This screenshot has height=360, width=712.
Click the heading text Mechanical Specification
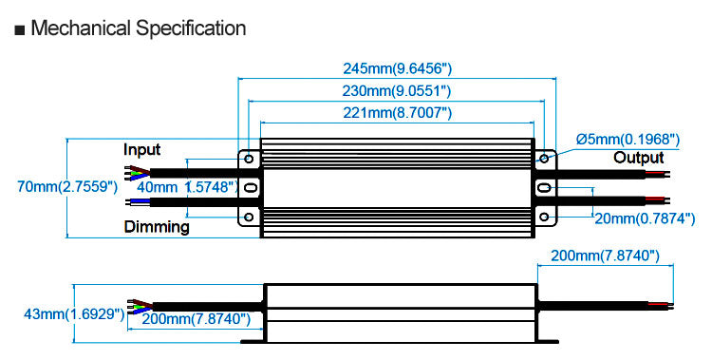pos(139,28)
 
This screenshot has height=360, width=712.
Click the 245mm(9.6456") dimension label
pos(397,68)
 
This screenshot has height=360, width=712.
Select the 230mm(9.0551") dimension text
pos(397,91)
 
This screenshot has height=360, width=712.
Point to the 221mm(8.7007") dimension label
pos(397,114)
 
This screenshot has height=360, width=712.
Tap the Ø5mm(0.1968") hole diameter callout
pos(628,140)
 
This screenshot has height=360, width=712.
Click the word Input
pos(142,150)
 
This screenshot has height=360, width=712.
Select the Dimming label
pos(157,227)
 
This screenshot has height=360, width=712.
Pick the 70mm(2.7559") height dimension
pos(63,187)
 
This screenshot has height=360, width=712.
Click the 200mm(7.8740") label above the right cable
pos(606,256)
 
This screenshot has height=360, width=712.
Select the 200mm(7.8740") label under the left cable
pos(196,318)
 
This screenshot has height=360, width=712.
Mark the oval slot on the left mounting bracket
pos(249,188)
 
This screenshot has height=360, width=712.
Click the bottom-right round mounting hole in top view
pos(547,218)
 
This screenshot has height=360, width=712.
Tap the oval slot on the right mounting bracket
pos(547,188)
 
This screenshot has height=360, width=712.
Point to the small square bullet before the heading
pos(20,29)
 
